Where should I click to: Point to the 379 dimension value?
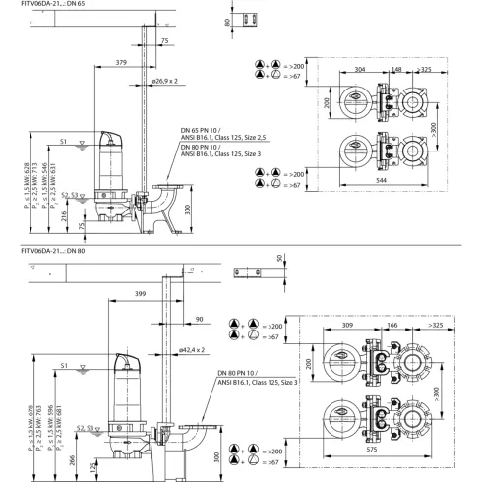[x=120, y=62]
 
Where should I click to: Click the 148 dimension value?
[x=396, y=70]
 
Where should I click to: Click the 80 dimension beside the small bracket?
[x=226, y=21]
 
